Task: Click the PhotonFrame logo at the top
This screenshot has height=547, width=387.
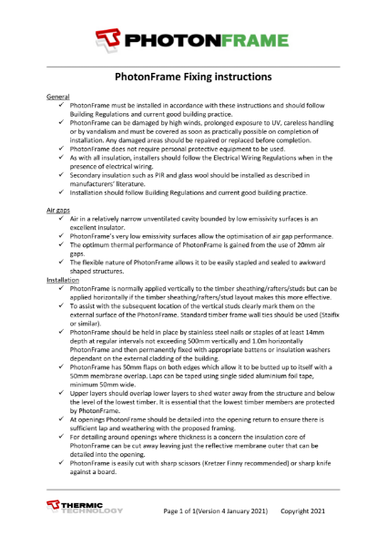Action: pyautogui.click(x=193, y=37)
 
